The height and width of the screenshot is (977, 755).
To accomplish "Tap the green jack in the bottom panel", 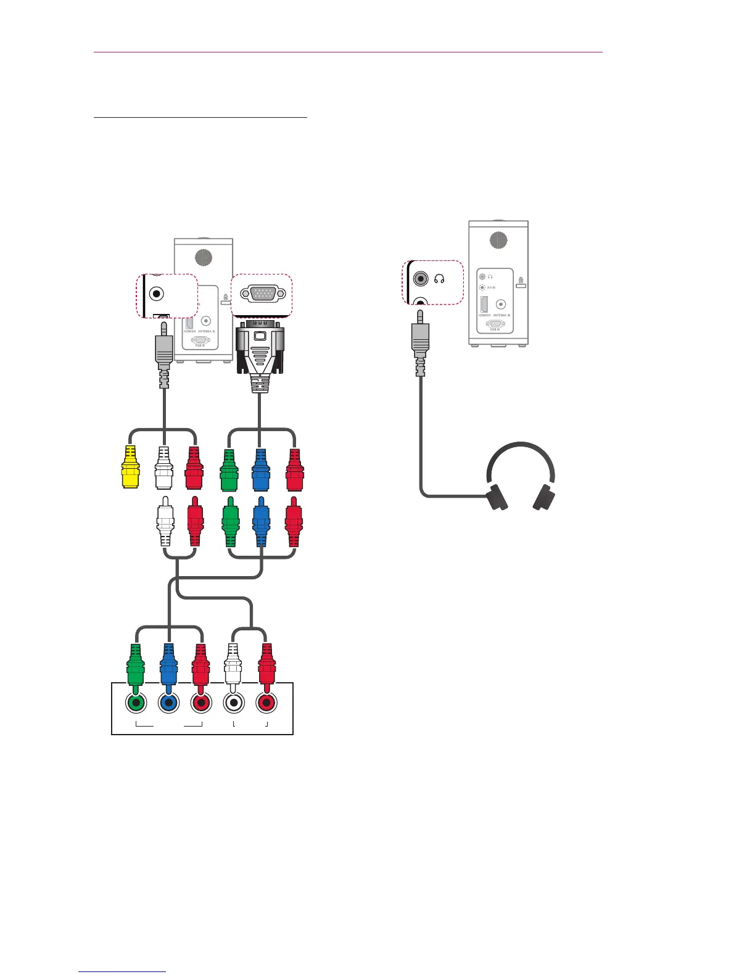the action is (136, 703).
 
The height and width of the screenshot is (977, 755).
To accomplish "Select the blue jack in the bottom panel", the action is (168, 703).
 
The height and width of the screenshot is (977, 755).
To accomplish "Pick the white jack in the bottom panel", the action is (233, 703).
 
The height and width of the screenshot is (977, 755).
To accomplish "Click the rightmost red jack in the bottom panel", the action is (266, 703).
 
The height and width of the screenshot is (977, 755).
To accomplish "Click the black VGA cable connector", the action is (260, 352).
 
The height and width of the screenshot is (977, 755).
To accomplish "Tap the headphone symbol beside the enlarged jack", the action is (440, 279).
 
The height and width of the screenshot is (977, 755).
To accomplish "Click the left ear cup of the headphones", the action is (497, 497).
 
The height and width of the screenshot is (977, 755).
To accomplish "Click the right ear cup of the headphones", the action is (544, 497).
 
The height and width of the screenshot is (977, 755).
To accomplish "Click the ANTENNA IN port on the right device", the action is (501, 304).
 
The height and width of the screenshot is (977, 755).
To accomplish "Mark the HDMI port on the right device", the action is (484, 304).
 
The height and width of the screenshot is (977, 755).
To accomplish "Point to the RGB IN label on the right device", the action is (495, 330).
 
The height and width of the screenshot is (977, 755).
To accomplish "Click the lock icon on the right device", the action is (521, 282).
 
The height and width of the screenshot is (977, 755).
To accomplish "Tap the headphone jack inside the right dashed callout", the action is (421, 279).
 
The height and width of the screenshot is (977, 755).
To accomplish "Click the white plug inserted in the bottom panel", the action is (232, 663).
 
